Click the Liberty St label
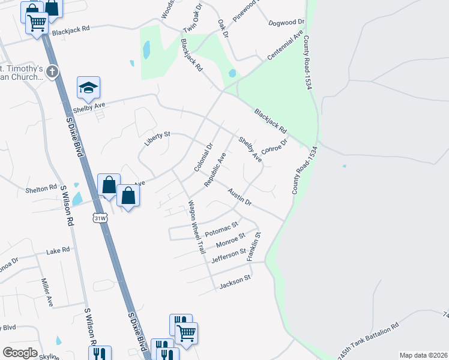pyautogui.click(x=157, y=138)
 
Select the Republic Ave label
pyautogui.click(x=216, y=169)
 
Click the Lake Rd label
pyautogui.click(x=58, y=250)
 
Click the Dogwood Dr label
pyautogui.click(x=287, y=22)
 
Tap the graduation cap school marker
pyautogui.click(x=88, y=88)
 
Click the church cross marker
pyautogui.click(x=52, y=72)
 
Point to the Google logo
pyautogui.click(x=20, y=353)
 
